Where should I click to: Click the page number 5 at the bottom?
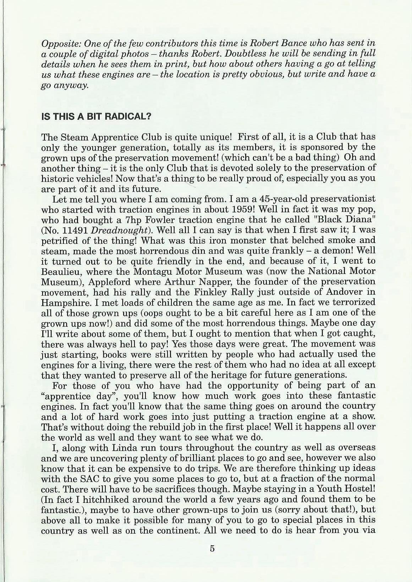pos(212,548)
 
